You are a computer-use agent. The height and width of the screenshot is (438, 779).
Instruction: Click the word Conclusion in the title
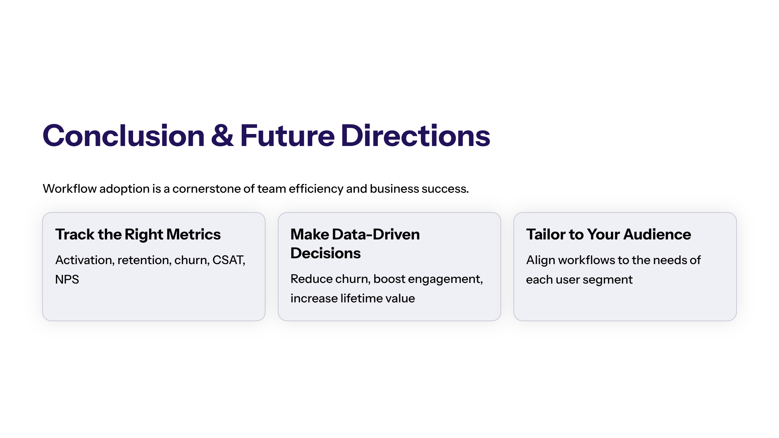124,136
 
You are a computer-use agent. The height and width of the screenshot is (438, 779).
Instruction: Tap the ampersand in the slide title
222,136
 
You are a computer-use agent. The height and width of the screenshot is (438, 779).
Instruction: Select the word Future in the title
288,136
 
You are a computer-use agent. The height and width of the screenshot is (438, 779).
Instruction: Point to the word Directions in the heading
415,136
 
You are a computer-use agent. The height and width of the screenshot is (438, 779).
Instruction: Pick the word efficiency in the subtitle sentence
316,189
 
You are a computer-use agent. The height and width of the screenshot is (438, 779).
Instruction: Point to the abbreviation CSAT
229,260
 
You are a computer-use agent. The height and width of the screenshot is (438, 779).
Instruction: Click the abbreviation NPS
67,280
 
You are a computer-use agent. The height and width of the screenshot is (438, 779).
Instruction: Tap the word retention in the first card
144,260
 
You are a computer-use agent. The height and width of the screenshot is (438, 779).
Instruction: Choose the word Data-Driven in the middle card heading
376,234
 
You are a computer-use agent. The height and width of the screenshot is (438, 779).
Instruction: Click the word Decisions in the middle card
326,253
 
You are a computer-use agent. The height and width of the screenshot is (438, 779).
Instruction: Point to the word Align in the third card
541,261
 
